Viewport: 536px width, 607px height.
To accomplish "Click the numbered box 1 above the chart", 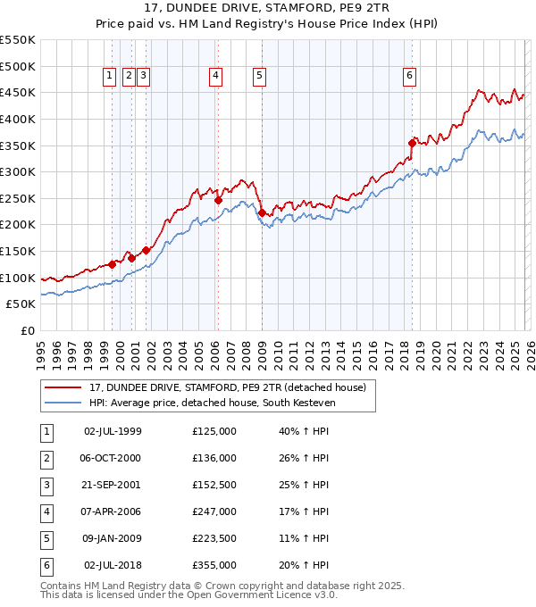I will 109,77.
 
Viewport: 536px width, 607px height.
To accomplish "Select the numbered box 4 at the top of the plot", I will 216,77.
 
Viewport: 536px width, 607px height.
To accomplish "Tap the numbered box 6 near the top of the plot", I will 409,77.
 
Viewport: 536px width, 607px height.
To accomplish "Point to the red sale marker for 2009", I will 262,212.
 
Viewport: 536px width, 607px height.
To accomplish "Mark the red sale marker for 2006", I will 218,200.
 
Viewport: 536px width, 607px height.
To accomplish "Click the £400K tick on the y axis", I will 18,119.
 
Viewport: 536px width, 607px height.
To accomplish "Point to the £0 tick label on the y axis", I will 28,331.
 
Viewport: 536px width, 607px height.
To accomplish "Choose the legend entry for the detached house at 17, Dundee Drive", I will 228,387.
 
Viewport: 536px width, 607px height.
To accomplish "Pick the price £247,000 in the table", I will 214,512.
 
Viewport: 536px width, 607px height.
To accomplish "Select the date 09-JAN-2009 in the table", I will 113,539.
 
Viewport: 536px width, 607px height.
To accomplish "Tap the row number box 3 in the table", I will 46,486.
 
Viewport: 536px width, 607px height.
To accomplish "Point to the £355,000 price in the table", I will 214,566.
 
